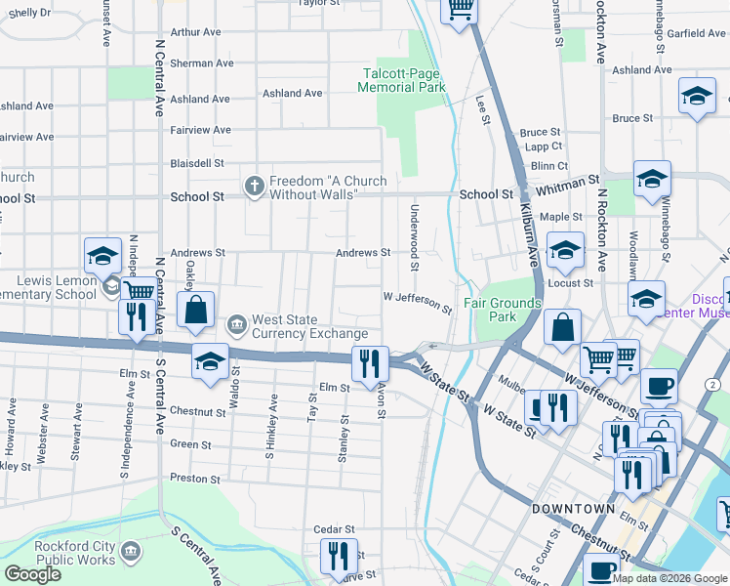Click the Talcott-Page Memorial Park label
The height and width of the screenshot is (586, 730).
point(402,80)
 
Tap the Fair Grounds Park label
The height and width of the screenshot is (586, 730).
point(502,310)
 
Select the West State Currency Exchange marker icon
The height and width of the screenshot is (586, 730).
point(236,323)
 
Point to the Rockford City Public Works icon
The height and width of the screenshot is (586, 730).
point(130,553)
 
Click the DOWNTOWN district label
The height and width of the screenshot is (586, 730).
point(573,509)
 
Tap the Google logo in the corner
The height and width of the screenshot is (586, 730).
point(32,574)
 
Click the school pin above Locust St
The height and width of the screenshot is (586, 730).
point(564,252)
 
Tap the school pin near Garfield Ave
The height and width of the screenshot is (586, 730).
point(697,96)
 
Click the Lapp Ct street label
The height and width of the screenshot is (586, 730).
point(538,147)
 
